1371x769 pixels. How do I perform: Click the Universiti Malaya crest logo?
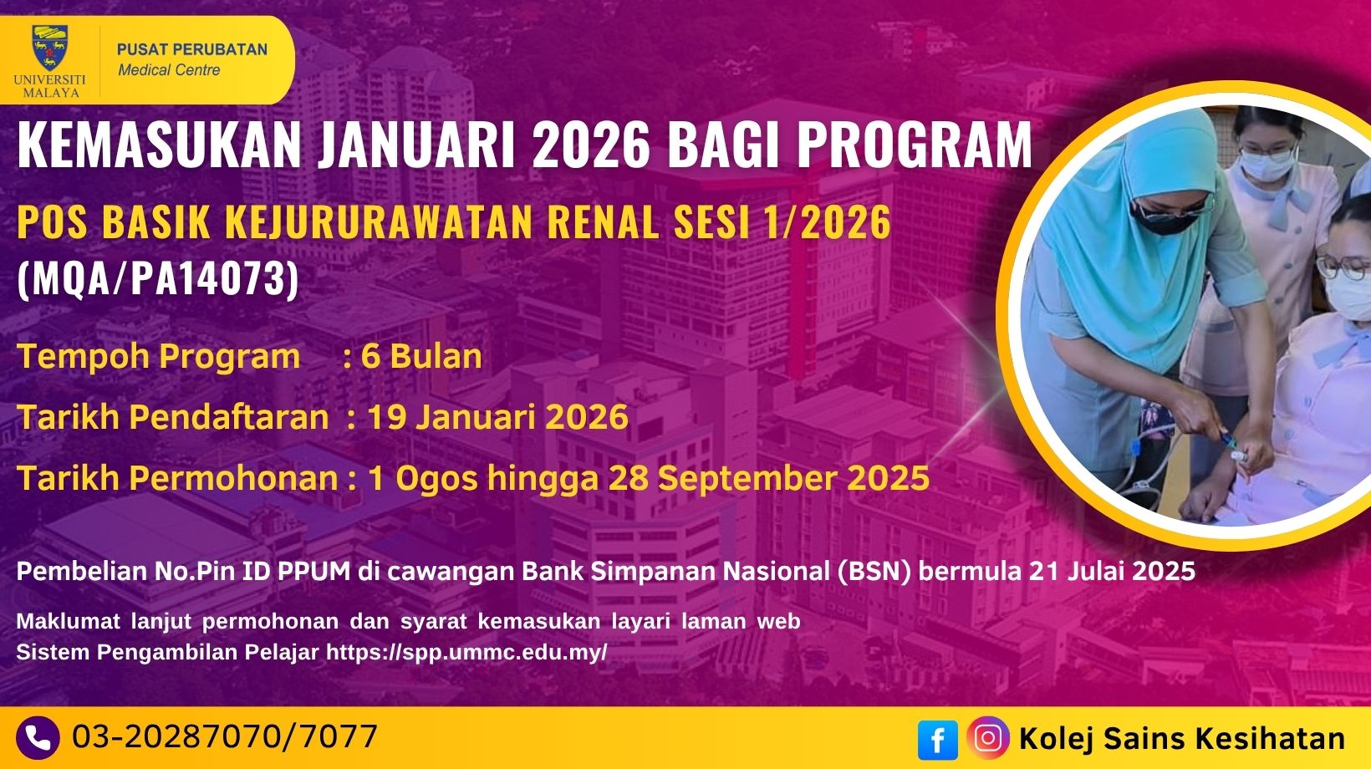[x=49, y=48]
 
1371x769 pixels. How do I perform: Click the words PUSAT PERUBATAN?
[x=192, y=49]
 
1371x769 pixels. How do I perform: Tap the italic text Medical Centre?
[x=169, y=70]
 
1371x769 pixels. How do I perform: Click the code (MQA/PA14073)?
[x=158, y=279]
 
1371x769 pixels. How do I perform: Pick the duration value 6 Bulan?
[x=421, y=356]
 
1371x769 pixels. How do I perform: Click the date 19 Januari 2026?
[x=497, y=416]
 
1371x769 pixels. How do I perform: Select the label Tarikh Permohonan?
[x=177, y=478]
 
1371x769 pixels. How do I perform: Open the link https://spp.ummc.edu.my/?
[x=466, y=652]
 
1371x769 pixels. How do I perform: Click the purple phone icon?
[x=38, y=738]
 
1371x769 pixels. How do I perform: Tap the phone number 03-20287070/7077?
[x=225, y=736]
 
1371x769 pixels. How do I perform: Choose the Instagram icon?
[x=988, y=738]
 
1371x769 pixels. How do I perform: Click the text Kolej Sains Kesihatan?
[x=1182, y=738]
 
